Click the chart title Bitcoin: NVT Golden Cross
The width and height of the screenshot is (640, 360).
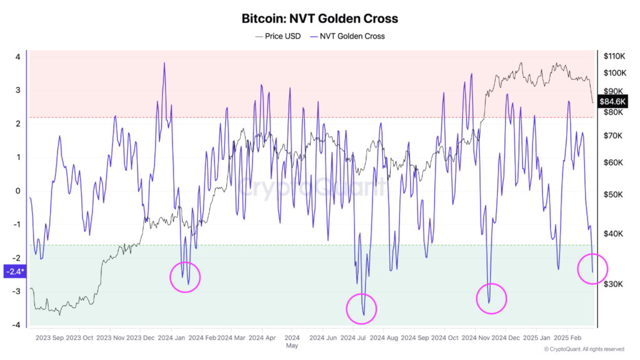319,18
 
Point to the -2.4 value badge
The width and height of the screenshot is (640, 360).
14,271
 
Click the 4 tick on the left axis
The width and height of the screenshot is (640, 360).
18,57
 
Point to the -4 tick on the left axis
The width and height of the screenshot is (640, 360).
17,325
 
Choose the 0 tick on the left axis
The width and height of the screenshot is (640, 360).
18,191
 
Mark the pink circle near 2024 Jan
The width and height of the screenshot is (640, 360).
186,277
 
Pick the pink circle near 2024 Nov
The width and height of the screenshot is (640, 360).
491,298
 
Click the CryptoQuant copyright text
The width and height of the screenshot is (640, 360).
583,349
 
